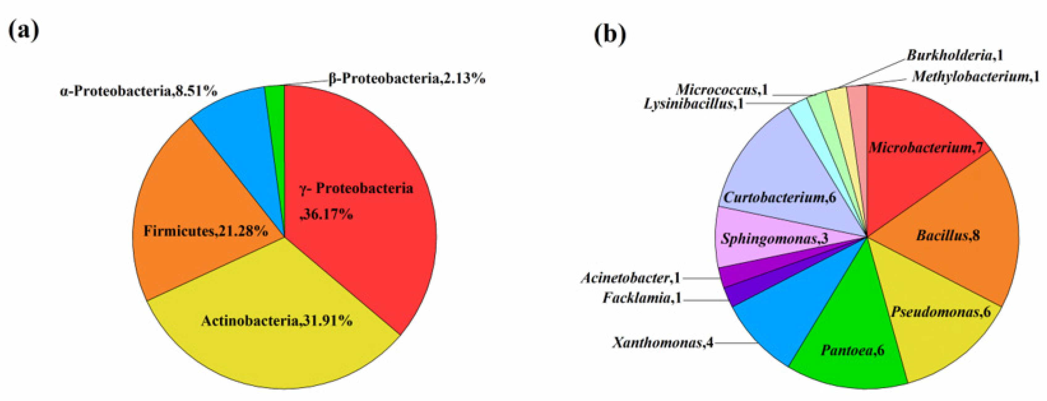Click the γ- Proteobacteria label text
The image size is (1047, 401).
pos(356,188)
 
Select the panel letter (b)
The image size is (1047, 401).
pos(610,34)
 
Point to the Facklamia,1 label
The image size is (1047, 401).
pos(642,298)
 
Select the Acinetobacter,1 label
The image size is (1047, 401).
pos(630,278)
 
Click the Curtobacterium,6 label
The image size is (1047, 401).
pos(780,198)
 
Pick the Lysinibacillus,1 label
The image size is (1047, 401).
pos(693,104)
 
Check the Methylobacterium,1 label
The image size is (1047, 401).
pos(975,76)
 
